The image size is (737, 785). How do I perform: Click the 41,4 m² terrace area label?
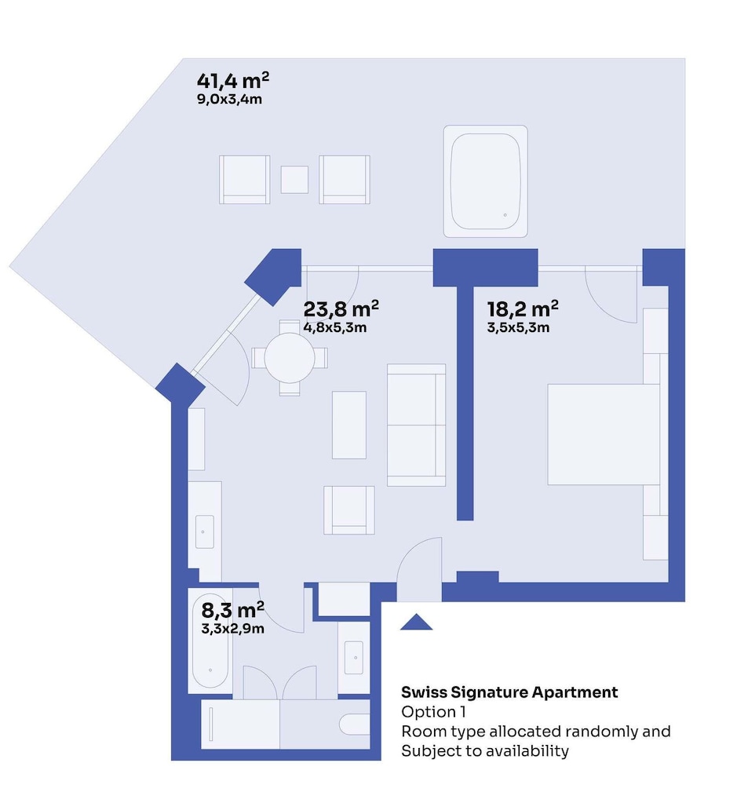[x=233, y=80]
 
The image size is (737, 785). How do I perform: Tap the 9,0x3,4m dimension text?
[x=229, y=99]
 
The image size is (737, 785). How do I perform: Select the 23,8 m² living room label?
[x=341, y=309]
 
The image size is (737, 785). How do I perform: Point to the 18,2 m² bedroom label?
[x=523, y=309]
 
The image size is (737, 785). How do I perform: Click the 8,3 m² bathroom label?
[x=233, y=610]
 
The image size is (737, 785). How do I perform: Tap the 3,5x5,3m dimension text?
[x=518, y=328]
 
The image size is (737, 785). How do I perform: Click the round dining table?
[x=290, y=358]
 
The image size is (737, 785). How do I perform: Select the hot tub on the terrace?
[x=485, y=181]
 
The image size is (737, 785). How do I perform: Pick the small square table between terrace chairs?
[x=294, y=180]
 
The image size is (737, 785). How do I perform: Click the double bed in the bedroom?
[x=604, y=435]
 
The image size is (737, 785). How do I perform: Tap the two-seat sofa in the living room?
[x=416, y=425]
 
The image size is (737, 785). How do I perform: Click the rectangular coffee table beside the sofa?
[x=349, y=425]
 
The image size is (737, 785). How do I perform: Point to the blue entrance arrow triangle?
[x=416, y=622]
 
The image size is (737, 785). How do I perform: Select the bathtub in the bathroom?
[x=210, y=641]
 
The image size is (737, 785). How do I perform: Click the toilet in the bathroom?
[x=355, y=724]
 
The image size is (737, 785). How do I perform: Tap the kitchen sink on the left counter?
[x=204, y=531]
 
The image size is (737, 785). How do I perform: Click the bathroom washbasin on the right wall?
[x=354, y=657]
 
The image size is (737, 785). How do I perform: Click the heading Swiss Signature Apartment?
[x=509, y=692]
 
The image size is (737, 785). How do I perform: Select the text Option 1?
[x=433, y=711]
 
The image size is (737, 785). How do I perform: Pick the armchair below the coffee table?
[x=349, y=510]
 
